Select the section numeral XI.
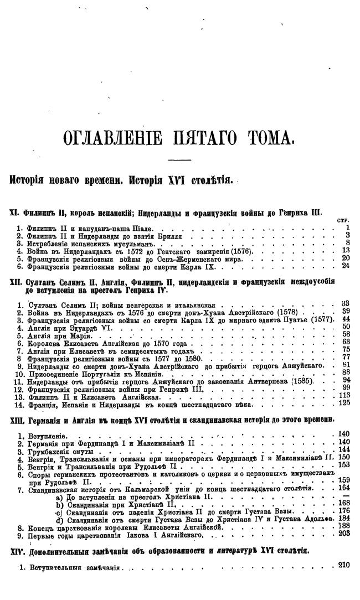click(x=16, y=212)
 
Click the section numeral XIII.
click(x=18, y=421)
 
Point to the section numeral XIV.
click(x=18, y=551)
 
